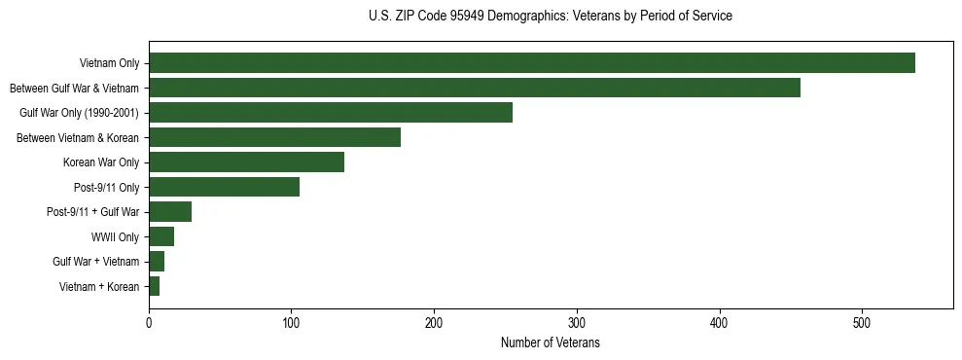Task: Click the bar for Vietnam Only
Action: click(x=531, y=63)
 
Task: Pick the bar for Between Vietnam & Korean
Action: click(x=274, y=137)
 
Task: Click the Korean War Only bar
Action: click(x=246, y=162)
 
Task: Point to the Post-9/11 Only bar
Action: click(x=224, y=187)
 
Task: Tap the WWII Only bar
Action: click(x=161, y=236)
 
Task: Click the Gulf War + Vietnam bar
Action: click(x=157, y=262)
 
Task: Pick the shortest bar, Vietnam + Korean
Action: click(x=154, y=286)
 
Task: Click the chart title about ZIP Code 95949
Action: click(x=551, y=17)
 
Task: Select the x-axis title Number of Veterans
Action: click(x=551, y=343)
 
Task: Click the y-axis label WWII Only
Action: click(x=115, y=236)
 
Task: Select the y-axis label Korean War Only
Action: click(x=101, y=162)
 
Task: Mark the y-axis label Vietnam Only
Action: click(x=109, y=63)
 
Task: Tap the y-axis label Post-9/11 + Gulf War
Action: click(x=92, y=212)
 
